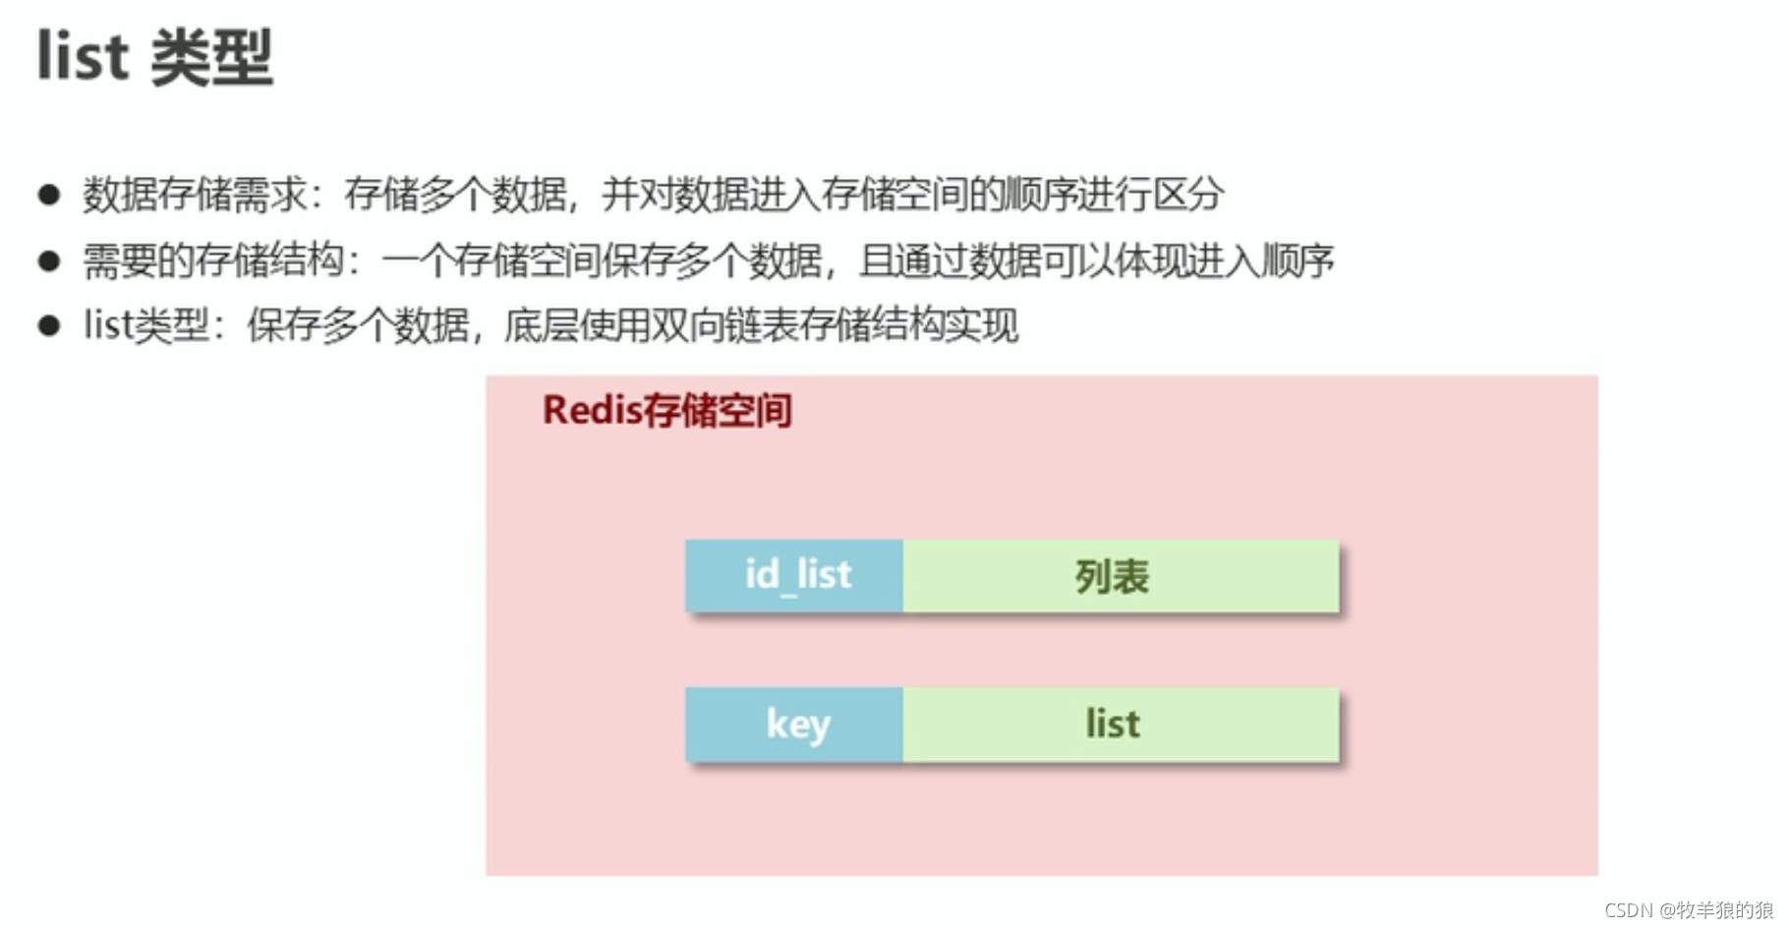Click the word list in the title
[83, 57]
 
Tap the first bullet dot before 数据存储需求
[49, 194]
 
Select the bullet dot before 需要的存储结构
[49, 261]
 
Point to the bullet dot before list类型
[49, 325]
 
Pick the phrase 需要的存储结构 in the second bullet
[213, 261]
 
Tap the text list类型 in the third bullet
[146, 326]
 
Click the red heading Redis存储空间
[666, 411]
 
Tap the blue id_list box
[794, 576]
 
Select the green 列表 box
[1121, 576]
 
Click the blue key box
[794, 725]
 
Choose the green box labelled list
[1121, 725]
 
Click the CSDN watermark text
[1688, 910]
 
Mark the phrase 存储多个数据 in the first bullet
[455, 195]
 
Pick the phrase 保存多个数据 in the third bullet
[358, 326]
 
